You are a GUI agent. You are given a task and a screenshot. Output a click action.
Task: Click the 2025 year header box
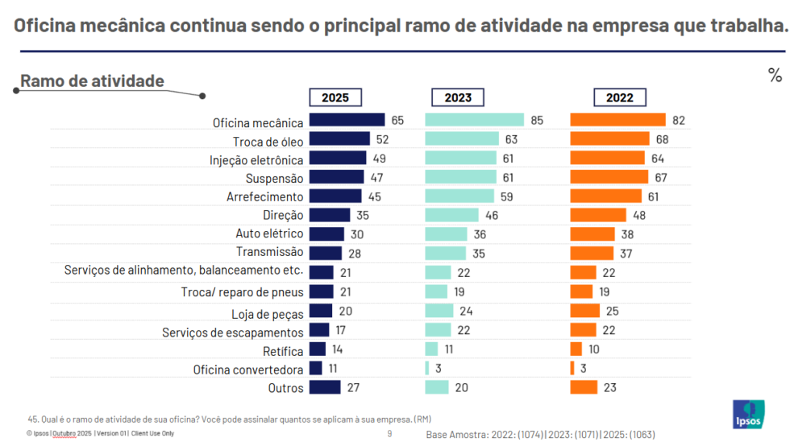335,97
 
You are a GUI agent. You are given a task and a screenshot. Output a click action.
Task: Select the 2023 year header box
458,97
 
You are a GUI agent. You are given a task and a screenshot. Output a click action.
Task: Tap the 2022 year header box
620,97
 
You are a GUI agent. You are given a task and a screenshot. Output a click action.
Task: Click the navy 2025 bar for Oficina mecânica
347,121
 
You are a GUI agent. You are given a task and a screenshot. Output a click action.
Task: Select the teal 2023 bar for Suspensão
461,177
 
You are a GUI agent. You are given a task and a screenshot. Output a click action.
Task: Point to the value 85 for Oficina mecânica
538,121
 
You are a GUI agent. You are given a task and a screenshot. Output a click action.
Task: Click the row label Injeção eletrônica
256,159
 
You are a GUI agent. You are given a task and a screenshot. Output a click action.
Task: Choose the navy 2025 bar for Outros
325,388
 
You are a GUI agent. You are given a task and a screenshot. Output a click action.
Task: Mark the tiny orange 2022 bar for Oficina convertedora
572,369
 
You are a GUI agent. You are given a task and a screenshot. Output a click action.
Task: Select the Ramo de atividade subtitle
92,81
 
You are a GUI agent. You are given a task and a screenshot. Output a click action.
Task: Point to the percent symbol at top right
775,76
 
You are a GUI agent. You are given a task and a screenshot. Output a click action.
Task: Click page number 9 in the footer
389,434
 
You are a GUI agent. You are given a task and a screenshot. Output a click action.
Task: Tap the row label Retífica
283,351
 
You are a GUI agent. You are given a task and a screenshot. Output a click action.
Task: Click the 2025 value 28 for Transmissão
355,253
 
